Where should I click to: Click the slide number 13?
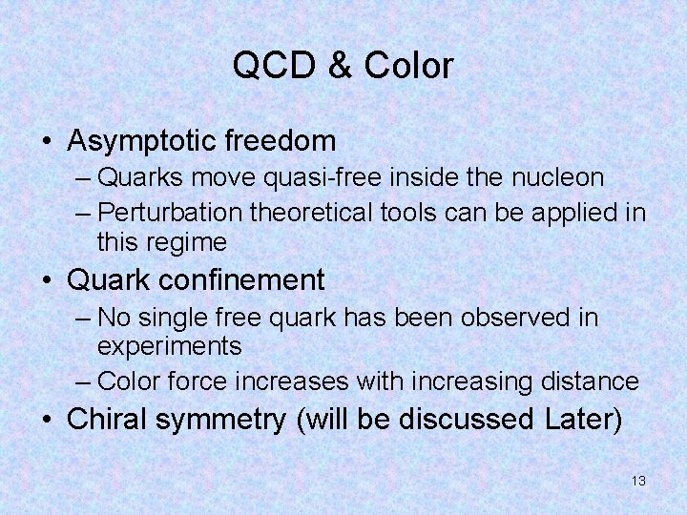638,481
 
